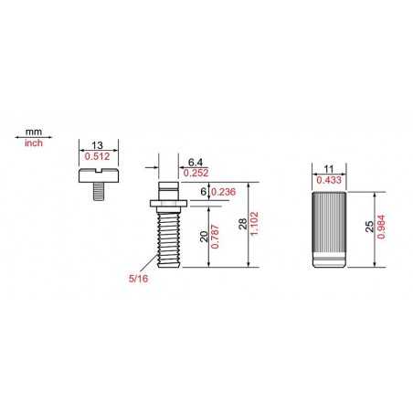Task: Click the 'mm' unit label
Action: (34, 132)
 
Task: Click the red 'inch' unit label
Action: (34, 143)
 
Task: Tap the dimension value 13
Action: (98, 145)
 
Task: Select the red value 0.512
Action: (97, 156)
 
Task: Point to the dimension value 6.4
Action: (196, 163)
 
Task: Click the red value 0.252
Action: (196, 173)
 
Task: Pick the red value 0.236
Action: (223, 192)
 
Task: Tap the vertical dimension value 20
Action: (204, 237)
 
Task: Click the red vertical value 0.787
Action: (215, 237)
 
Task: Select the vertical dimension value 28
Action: (243, 224)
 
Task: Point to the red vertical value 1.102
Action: (254, 224)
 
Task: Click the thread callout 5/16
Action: (138, 279)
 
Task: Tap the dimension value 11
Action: (329, 169)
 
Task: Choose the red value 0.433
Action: (329, 180)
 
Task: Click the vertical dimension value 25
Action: (369, 227)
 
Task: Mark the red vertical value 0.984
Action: (381, 227)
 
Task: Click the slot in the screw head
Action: (99, 171)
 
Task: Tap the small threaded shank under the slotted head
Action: (99, 191)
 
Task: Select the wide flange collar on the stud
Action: (168, 204)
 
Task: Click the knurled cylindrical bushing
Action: (329, 229)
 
